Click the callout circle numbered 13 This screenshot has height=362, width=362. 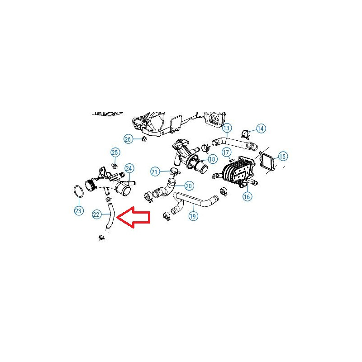(227, 128)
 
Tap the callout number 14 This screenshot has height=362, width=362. (261, 129)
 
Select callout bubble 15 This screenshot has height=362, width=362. (282, 157)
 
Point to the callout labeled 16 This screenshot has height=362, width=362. (247, 196)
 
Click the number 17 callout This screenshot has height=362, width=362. (226, 152)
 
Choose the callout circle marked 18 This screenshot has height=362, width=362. (212, 159)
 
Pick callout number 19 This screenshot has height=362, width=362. (193, 216)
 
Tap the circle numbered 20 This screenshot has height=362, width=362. (189, 186)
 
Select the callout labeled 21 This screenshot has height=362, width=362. (155, 172)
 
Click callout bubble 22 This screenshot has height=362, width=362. (96, 214)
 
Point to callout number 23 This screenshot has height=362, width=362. (78, 210)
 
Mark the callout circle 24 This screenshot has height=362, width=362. (129, 168)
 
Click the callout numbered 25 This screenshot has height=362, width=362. (115, 152)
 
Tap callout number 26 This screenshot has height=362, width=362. (128, 139)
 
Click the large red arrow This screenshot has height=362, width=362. (134, 217)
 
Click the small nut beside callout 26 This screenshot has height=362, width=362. (144, 139)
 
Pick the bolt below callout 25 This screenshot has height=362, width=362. (114, 166)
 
